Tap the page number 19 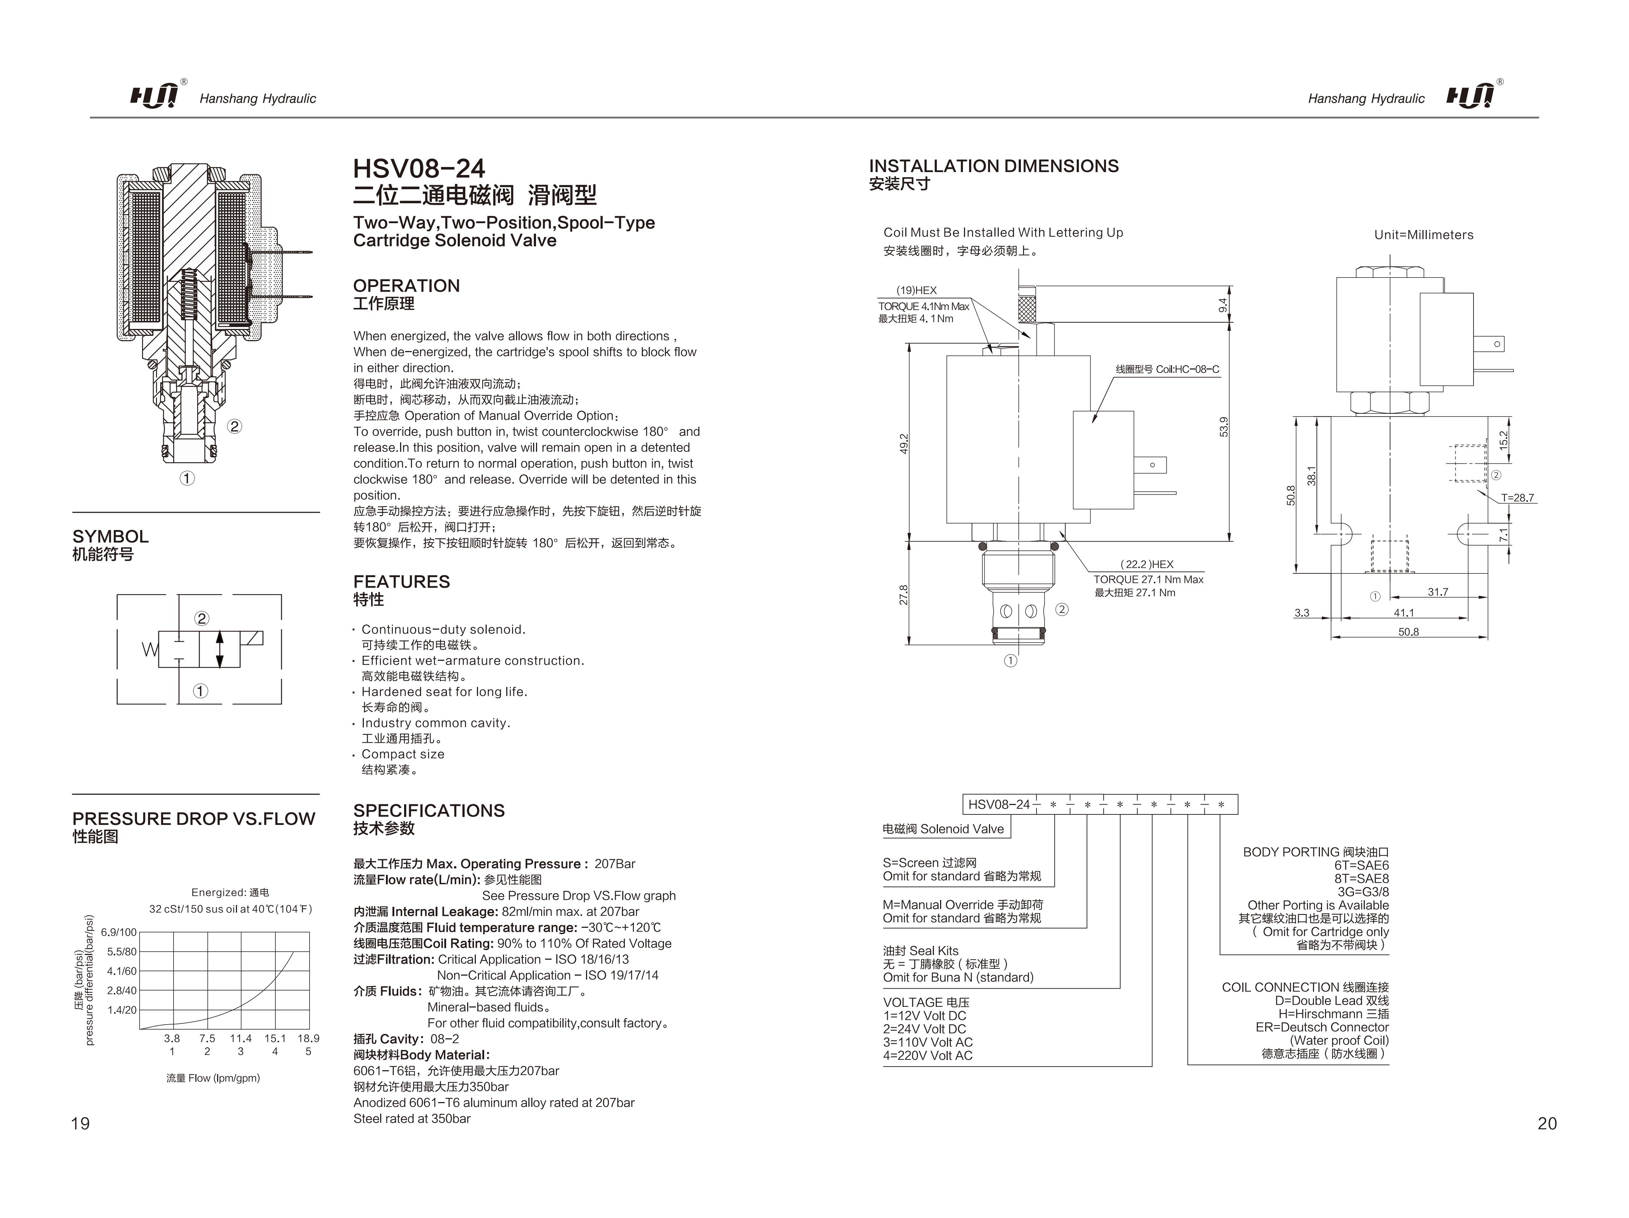[80, 1123]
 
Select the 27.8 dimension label [903, 594]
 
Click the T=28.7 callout [1517, 498]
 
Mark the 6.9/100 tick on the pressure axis [119, 932]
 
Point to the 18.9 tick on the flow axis [308, 1038]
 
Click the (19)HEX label [916, 290]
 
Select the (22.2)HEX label [1147, 564]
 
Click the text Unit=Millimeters [1423, 235]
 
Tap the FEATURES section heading [401, 582]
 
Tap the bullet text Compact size [403, 754]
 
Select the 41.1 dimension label [1404, 613]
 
